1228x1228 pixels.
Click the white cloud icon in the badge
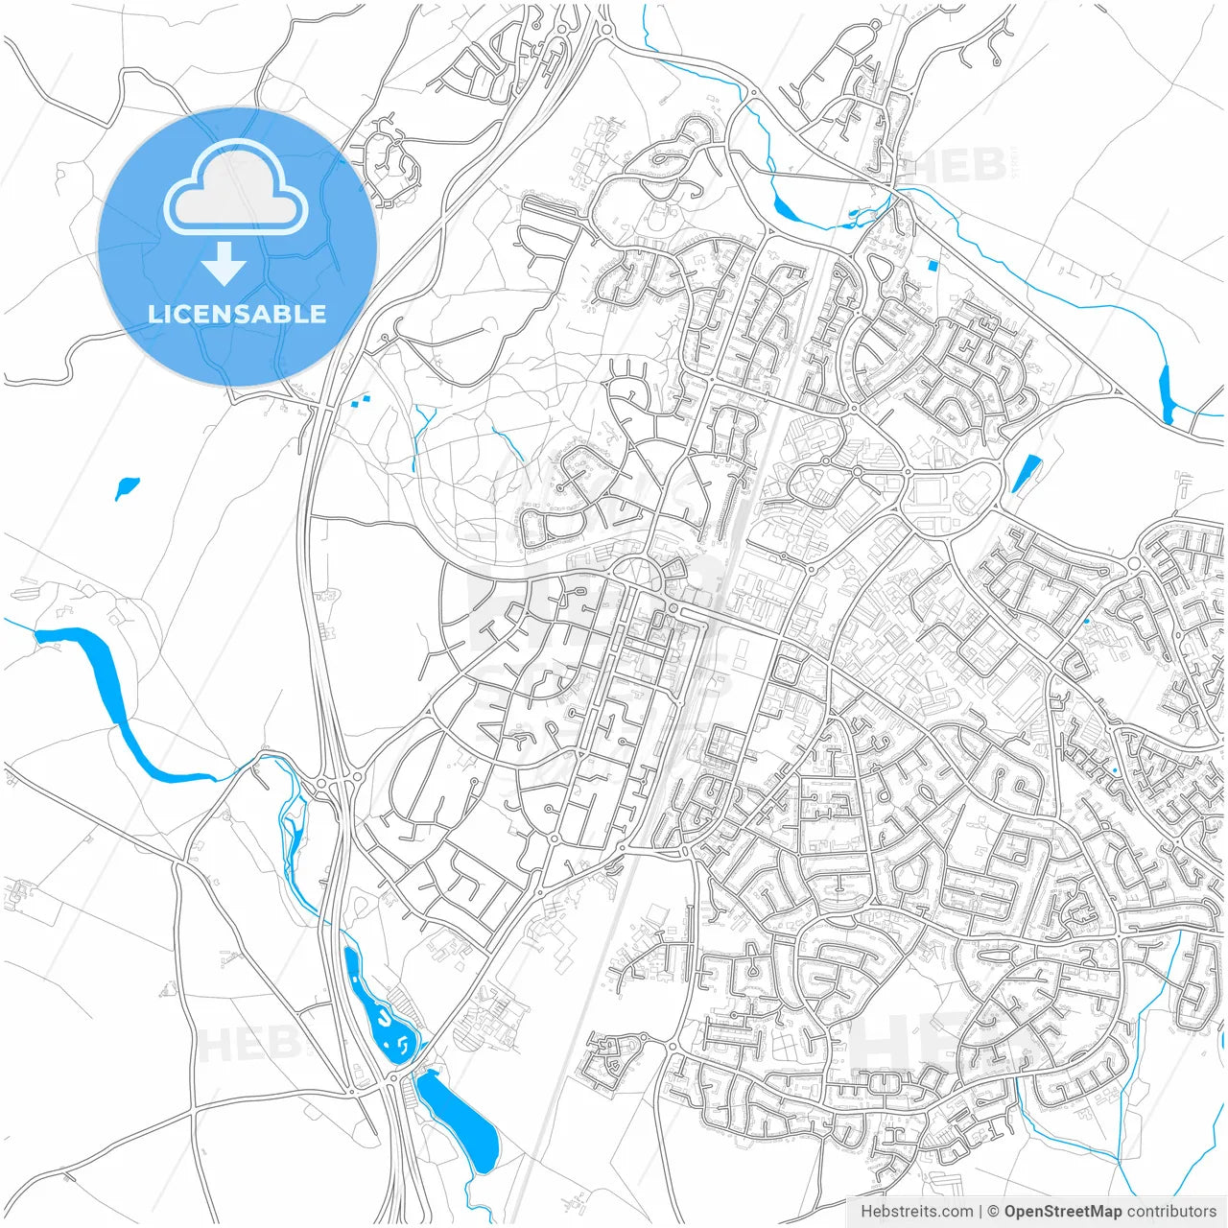pyautogui.click(x=236, y=188)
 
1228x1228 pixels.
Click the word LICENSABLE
pyautogui.click(x=237, y=314)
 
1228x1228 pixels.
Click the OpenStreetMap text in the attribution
pyautogui.click(x=1062, y=1212)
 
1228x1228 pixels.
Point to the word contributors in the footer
pyautogui.click(x=1171, y=1212)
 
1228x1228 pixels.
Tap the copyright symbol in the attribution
pyautogui.click(x=994, y=1212)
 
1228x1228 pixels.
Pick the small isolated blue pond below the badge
pyautogui.click(x=126, y=488)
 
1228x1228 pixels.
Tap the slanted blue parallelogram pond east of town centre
pyautogui.click(x=1026, y=473)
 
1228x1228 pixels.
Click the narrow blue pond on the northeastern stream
pyautogui.click(x=1167, y=394)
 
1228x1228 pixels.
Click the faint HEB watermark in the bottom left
pyautogui.click(x=246, y=1044)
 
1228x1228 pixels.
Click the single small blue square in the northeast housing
pyautogui.click(x=933, y=265)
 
